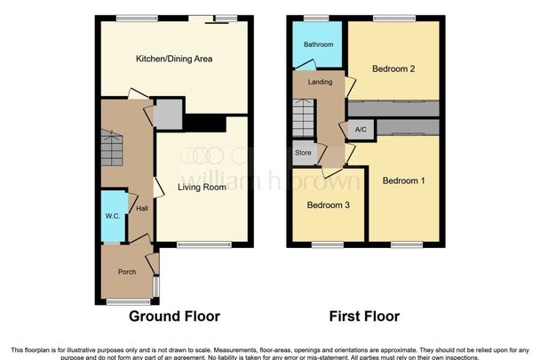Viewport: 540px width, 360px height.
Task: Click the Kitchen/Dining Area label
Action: pos(174,60)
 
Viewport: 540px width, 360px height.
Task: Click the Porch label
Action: pos(125,272)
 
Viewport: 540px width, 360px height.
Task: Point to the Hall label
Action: pos(141,208)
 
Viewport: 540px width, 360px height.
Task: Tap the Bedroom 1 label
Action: pos(403,181)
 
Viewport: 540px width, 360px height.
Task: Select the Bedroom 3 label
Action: pos(329,205)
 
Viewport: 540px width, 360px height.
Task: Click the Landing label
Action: pos(320,83)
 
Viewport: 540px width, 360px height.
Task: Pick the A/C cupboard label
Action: pos(361,130)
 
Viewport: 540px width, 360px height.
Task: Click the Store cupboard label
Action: pos(302,152)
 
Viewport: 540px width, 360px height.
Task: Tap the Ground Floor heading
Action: pos(174,316)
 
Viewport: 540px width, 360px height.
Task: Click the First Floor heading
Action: pos(363,316)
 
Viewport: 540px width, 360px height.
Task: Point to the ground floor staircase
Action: pos(111,148)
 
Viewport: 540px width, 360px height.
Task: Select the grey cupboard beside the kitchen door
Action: pos(166,114)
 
